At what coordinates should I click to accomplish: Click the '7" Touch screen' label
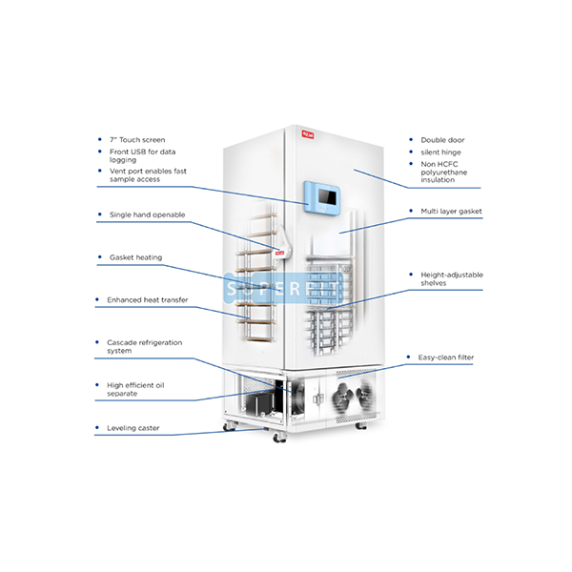(x=137, y=140)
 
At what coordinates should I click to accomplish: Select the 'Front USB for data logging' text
(x=142, y=155)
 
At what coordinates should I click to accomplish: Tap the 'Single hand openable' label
(x=147, y=214)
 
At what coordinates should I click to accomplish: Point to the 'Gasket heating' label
(x=135, y=257)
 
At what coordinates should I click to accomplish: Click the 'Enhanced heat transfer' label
(x=148, y=300)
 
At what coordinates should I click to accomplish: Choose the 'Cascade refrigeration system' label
(x=145, y=347)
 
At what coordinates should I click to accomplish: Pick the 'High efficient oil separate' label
(x=135, y=389)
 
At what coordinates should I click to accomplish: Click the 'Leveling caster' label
(x=133, y=428)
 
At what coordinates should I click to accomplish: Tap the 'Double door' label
(x=442, y=140)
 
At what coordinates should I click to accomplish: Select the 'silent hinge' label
(x=440, y=153)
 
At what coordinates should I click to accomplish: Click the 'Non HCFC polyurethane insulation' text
(x=443, y=172)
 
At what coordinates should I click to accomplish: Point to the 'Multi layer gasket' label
(x=451, y=212)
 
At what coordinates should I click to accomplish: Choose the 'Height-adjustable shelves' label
(x=452, y=278)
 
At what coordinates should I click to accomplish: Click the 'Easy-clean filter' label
(x=446, y=357)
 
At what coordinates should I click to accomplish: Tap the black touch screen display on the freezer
(x=327, y=197)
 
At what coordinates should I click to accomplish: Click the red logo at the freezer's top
(x=308, y=134)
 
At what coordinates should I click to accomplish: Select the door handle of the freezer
(x=283, y=242)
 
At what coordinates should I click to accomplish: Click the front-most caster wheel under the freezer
(x=279, y=437)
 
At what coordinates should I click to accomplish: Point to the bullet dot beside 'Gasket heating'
(x=100, y=257)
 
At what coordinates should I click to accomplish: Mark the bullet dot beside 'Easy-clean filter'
(x=408, y=357)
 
